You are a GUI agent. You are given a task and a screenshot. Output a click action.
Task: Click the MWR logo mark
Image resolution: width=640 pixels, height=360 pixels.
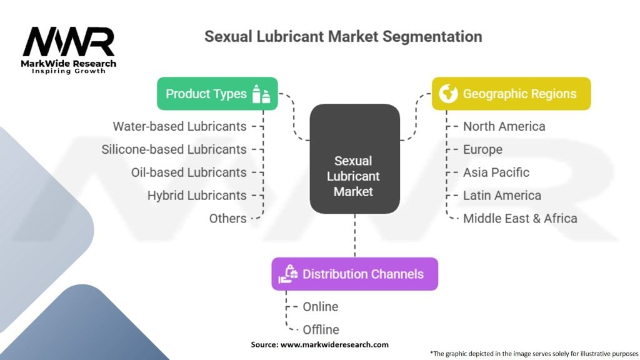(x=69, y=42)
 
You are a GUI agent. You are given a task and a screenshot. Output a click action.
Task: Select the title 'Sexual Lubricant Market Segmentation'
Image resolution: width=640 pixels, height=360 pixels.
(x=343, y=36)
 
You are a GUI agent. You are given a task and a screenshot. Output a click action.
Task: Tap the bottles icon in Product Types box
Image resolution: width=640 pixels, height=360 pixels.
(x=261, y=94)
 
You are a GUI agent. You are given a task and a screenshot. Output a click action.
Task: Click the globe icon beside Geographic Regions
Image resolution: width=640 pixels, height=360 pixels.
(x=448, y=94)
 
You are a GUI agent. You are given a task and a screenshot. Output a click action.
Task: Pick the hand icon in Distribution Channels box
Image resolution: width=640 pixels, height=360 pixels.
(x=288, y=274)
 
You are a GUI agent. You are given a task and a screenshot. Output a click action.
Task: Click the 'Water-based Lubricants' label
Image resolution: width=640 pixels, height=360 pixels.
(x=179, y=126)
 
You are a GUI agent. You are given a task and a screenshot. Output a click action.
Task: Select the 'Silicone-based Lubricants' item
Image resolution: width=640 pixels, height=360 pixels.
(x=174, y=149)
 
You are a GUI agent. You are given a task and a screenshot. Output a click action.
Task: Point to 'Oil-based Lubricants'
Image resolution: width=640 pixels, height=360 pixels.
(x=189, y=172)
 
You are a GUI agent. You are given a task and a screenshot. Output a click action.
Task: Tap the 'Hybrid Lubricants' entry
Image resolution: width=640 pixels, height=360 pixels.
(x=197, y=196)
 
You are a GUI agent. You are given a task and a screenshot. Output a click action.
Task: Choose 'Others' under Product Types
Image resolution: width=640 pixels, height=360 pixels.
(x=227, y=218)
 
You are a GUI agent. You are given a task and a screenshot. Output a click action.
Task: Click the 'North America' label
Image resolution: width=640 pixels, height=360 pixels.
(x=504, y=126)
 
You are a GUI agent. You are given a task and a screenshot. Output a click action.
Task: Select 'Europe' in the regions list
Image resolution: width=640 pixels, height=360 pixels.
(x=482, y=149)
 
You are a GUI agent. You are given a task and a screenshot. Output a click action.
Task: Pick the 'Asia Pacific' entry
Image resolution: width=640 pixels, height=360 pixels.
(x=496, y=172)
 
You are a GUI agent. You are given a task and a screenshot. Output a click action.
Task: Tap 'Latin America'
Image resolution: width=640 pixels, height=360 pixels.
(x=502, y=196)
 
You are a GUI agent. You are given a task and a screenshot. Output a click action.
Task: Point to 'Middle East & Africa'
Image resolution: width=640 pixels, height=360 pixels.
(x=520, y=218)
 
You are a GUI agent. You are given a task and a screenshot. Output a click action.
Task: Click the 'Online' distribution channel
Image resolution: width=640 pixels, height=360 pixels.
(x=321, y=306)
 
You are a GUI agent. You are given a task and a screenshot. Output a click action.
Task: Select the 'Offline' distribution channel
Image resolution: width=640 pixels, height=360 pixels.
(x=321, y=329)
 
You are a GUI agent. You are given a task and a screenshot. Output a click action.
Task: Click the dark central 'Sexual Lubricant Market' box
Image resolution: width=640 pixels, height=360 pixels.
(x=355, y=159)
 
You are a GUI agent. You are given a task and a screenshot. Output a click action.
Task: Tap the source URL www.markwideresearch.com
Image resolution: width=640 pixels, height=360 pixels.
(x=334, y=344)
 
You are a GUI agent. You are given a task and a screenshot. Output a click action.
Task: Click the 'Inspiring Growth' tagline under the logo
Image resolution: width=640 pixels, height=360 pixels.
(x=69, y=71)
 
